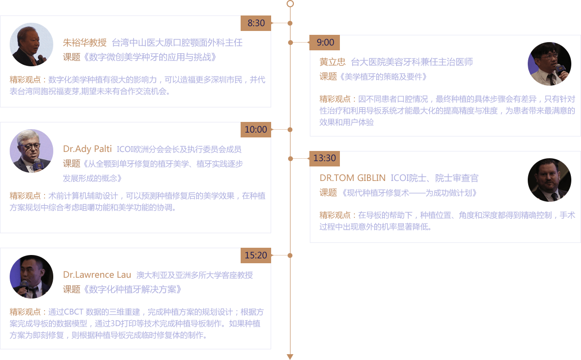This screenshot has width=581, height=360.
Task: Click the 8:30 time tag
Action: pyautogui.click(x=256, y=23)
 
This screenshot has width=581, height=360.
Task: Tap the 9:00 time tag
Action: pyautogui.click(x=325, y=43)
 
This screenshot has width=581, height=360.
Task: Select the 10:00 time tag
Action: pyautogui.click(x=256, y=129)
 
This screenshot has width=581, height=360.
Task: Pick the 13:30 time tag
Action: pyautogui.click(x=324, y=158)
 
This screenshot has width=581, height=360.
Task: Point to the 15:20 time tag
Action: pyautogui.click(x=256, y=255)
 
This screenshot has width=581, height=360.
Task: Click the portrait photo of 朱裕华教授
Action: pyautogui.click(x=31, y=45)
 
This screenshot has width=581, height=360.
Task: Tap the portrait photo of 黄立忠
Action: pyautogui.click(x=549, y=64)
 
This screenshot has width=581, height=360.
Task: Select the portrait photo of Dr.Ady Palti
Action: pyautogui.click(x=31, y=151)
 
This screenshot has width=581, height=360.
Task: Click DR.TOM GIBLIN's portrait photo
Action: pyautogui.click(x=549, y=180)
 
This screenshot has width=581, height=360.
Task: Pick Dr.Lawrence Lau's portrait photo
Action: pyautogui.click(x=31, y=277)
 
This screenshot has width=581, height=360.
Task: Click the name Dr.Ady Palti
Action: pyautogui.click(x=87, y=149)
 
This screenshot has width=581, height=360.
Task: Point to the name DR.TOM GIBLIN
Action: pyautogui.click(x=352, y=178)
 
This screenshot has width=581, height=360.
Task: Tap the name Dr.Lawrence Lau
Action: pyautogui.click(x=97, y=275)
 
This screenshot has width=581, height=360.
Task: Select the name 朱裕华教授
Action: pyautogui.click(x=84, y=43)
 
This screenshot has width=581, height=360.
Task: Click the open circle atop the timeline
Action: pyautogui.click(x=290, y=4)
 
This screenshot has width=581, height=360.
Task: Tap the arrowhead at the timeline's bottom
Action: pyautogui.click(x=290, y=357)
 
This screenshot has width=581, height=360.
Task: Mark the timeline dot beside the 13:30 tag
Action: pyautogui.click(x=290, y=158)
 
